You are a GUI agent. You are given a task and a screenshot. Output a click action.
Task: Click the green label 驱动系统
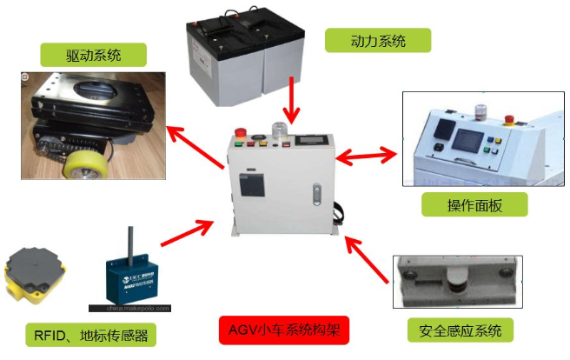[93, 57]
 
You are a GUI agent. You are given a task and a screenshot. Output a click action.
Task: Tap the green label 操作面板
[474, 204]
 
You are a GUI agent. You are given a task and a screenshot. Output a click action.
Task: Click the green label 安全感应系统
[460, 330]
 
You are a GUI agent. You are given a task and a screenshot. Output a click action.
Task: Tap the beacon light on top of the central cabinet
[279, 130]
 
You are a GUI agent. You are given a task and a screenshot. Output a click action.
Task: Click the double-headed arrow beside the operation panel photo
[368, 157]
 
